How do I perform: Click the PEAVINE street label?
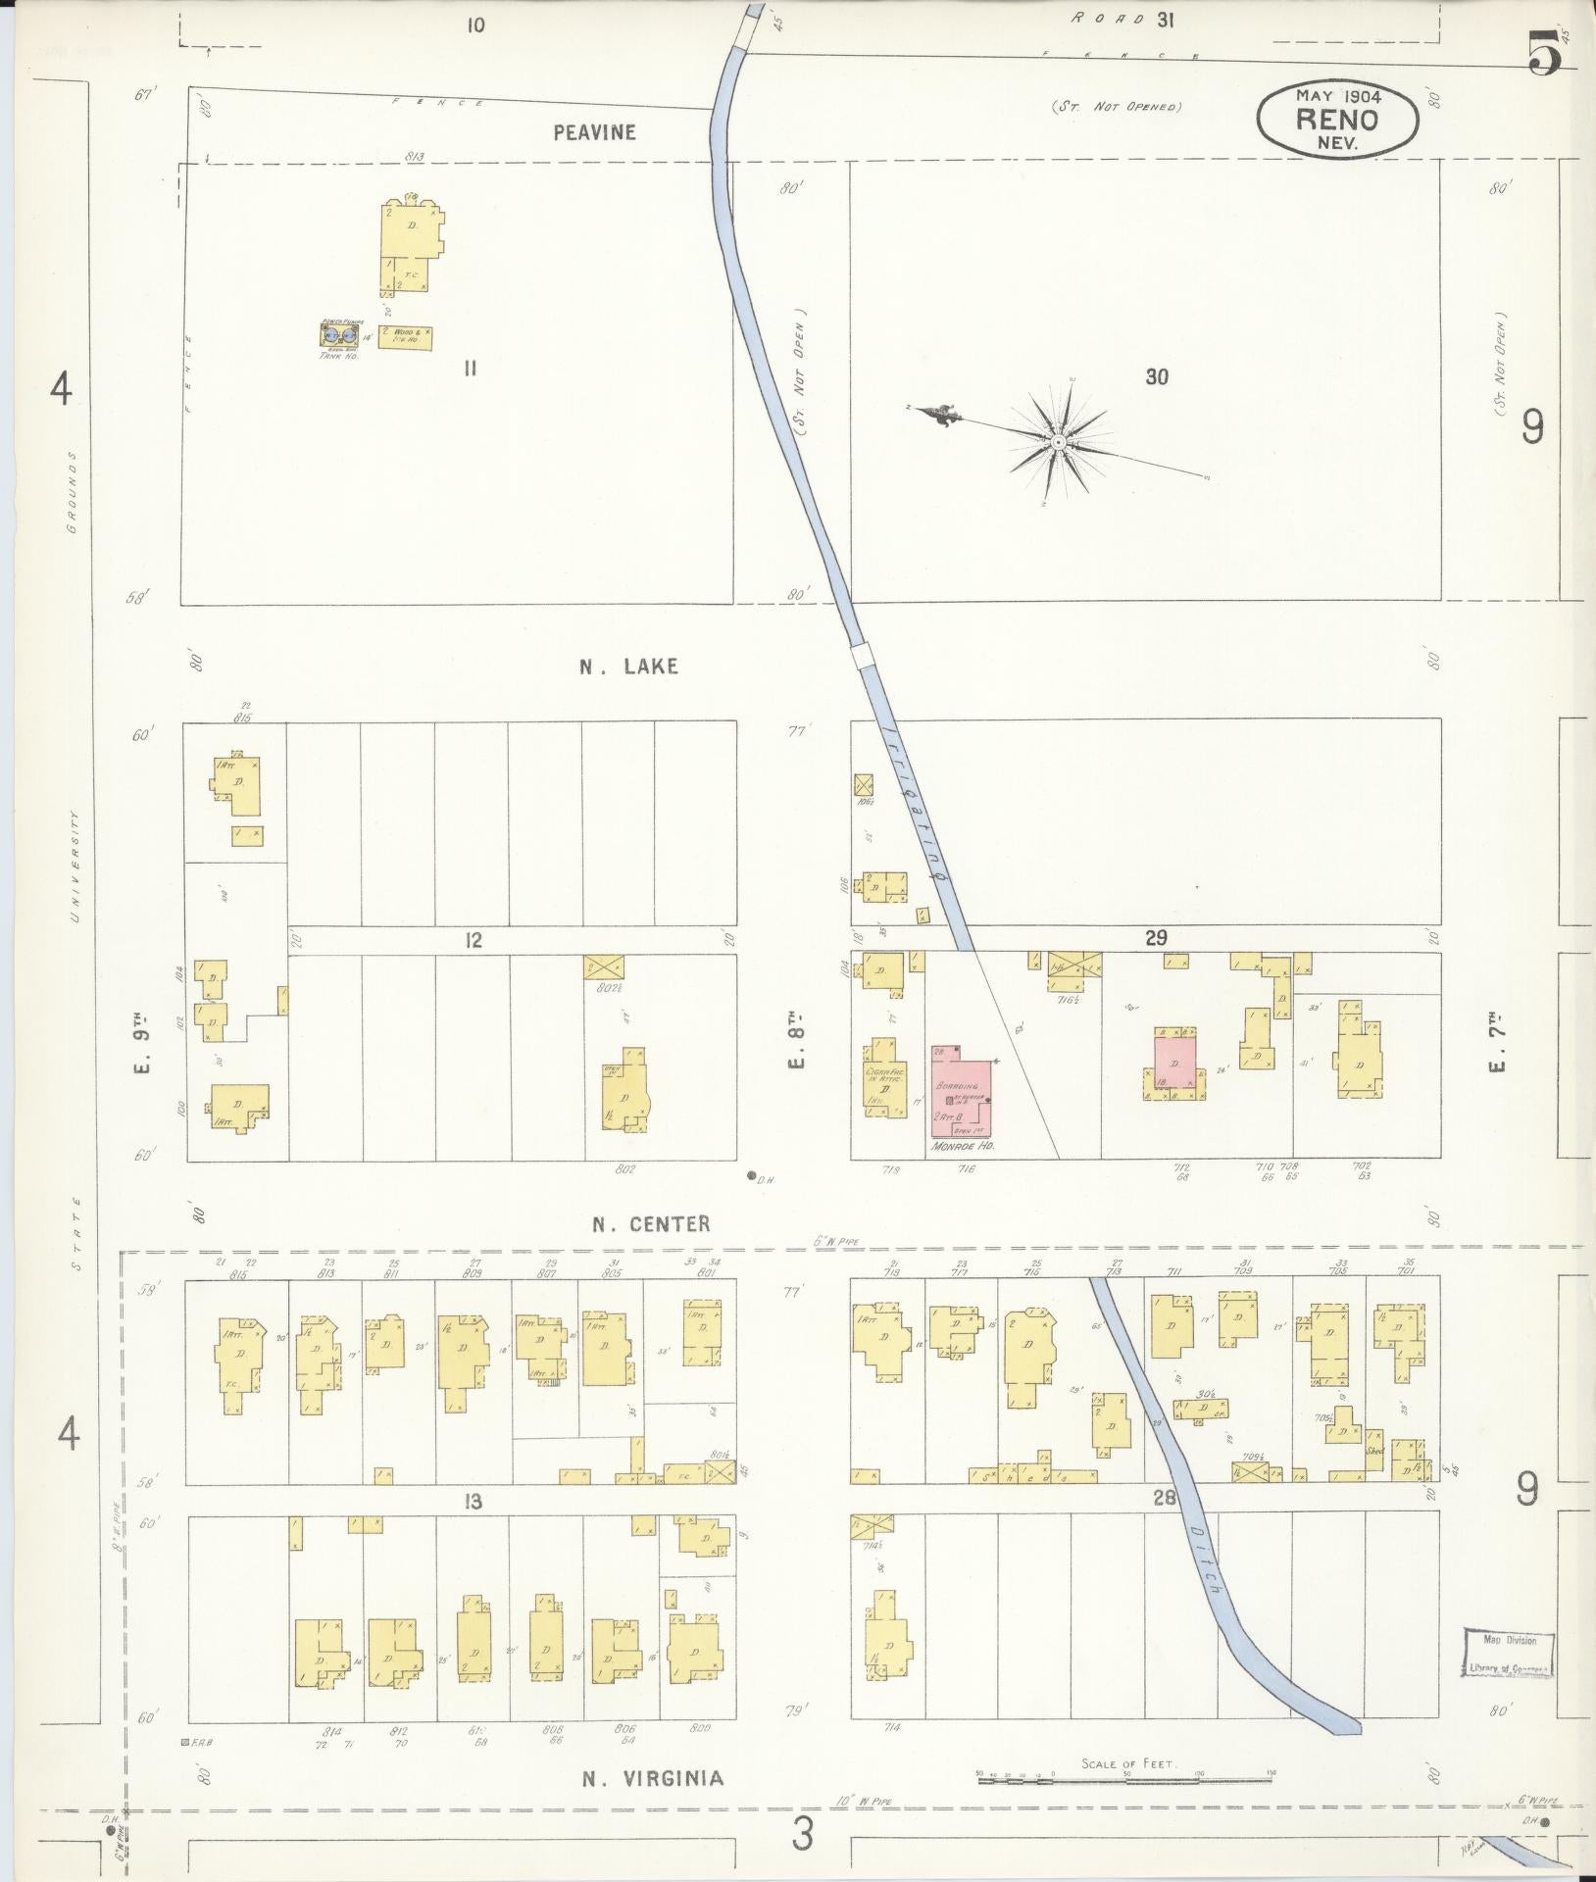point(594,132)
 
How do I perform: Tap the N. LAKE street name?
point(628,667)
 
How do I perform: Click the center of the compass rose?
point(1059,443)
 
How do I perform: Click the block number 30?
point(1157,376)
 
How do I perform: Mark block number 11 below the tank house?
point(471,369)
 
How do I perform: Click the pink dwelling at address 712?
point(1174,1062)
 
